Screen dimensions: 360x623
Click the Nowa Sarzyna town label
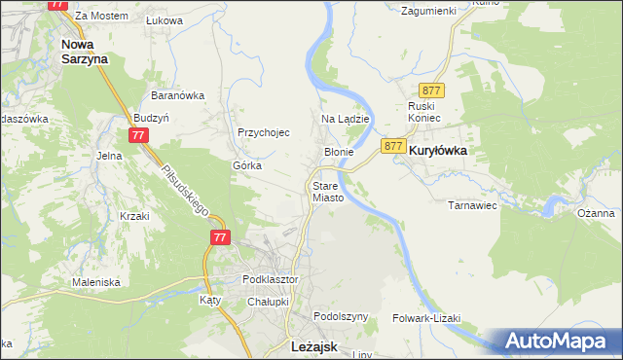[84, 51]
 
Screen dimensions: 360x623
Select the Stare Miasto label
[328, 191]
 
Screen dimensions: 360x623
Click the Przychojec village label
[264, 133]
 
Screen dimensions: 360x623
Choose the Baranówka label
[176, 95]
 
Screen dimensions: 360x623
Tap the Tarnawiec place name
[472, 205]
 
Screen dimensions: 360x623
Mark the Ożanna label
[595, 213]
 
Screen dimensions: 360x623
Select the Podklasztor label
[270, 279]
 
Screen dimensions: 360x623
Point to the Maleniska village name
[95, 282]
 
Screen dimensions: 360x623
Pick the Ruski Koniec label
[424, 112]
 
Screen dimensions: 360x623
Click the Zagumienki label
[428, 10]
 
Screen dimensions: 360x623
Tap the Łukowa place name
[164, 19]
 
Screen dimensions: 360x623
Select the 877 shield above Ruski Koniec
[434, 90]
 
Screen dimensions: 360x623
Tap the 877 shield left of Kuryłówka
[393, 146]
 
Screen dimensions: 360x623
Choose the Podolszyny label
[341, 317]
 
